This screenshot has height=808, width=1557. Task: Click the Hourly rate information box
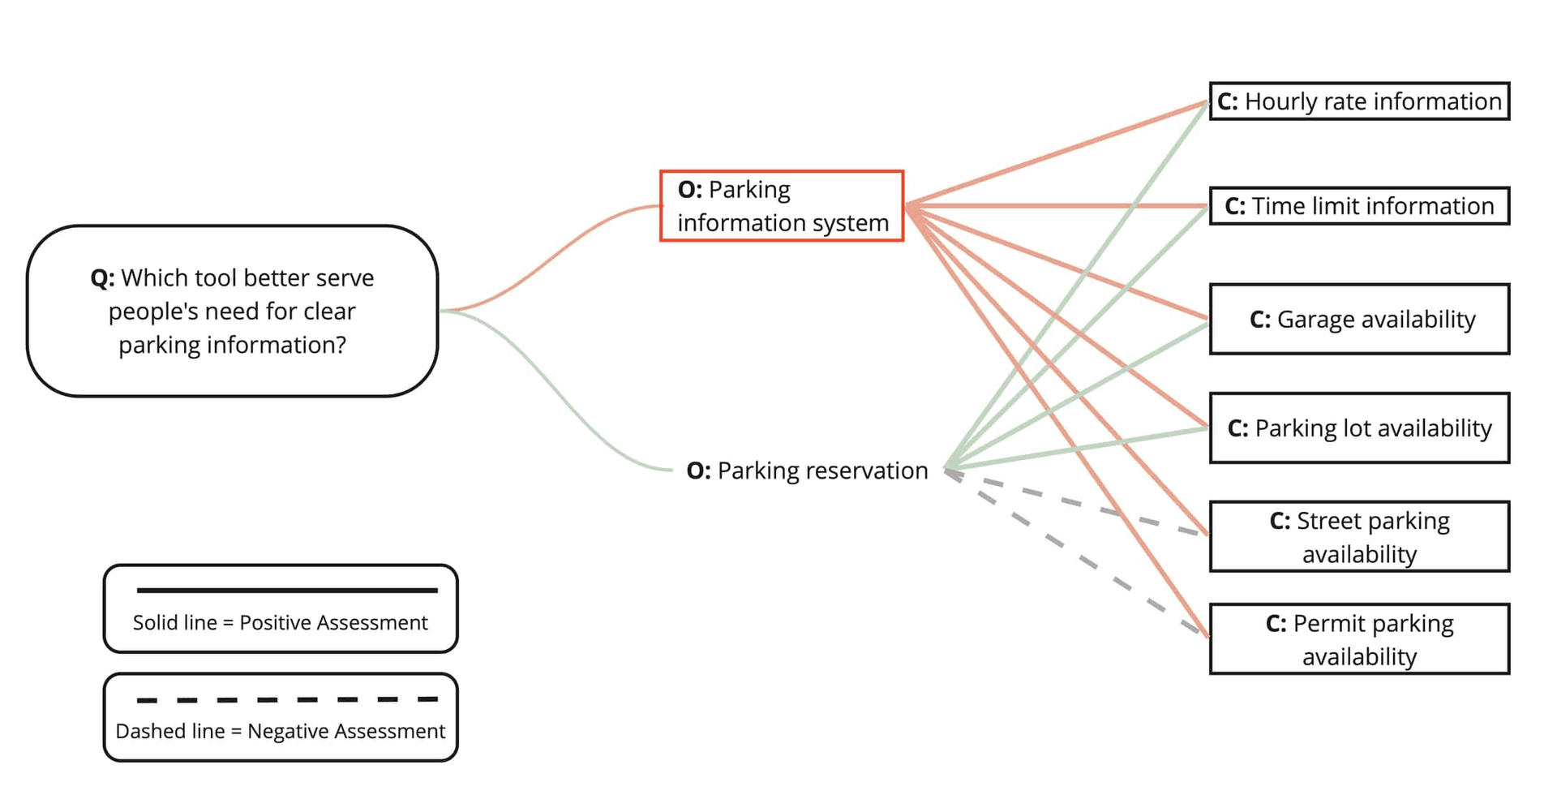1359,101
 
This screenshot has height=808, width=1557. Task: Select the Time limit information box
1359,206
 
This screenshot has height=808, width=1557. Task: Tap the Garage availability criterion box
1359,319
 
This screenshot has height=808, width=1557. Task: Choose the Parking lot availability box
1359,428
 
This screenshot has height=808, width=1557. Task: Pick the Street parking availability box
1359,537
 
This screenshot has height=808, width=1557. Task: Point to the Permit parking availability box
1359,639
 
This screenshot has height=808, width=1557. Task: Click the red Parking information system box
782,206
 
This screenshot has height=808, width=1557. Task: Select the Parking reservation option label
807,471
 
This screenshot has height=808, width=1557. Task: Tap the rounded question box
233,311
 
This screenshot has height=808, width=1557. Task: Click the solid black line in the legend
287,591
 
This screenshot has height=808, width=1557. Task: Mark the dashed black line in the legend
287,699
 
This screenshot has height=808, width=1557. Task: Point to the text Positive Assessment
333,623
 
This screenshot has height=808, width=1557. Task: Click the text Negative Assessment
346,732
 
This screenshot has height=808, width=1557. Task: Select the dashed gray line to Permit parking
1079,557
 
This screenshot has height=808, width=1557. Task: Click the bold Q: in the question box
103,278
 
